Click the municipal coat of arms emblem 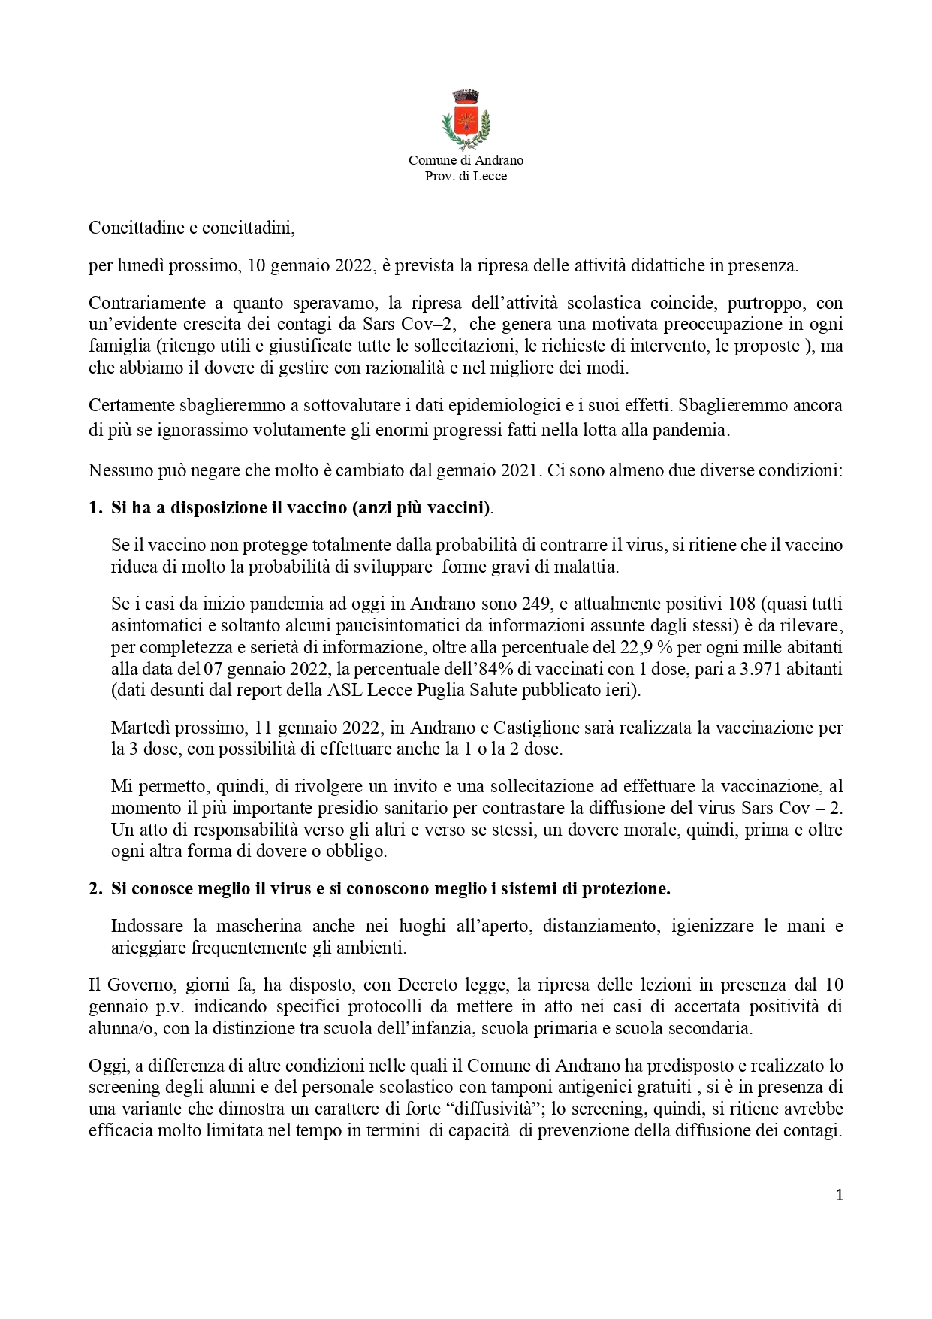pyautogui.click(x=466, y=119)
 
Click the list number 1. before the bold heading pyautogui.click(x=95, y=507)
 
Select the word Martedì pyautogui.click(x=138, y=728)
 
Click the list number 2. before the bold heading pyautogui.click(x=95, y=888)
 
